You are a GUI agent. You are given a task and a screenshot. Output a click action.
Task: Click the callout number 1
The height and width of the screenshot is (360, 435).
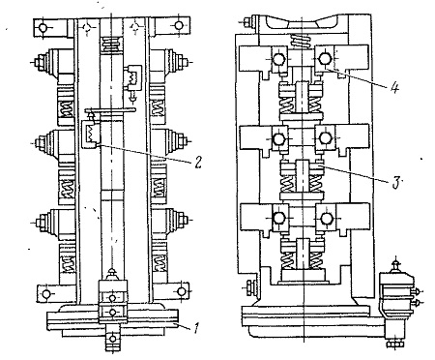196,328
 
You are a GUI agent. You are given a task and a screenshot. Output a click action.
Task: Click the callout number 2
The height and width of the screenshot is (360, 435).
198,162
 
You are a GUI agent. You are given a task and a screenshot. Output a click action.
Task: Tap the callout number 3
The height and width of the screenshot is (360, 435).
396,182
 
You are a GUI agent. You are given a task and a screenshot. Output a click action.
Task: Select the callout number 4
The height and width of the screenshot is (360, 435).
394,87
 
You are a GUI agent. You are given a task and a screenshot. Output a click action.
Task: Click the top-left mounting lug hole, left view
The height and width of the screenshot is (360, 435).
43,28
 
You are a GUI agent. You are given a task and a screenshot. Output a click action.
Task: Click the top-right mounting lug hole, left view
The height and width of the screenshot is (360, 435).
179,25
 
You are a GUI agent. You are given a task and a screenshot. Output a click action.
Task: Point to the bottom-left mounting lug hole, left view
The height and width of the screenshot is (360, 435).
46,294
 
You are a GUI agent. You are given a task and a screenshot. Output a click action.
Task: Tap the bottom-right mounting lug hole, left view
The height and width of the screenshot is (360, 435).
182,292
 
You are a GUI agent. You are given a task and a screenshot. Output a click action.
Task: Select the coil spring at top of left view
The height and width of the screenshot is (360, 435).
111,45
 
